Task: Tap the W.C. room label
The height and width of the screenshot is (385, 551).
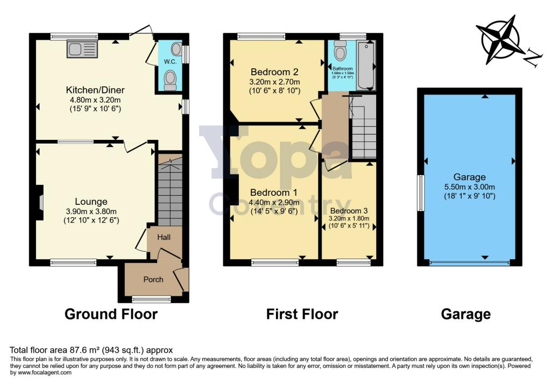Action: (170, 62)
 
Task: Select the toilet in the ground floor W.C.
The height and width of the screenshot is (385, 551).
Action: (170, 81)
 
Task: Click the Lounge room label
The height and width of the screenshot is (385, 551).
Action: (87, 202)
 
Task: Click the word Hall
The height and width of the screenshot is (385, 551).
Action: (164, 237)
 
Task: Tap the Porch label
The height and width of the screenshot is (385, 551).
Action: (153, 279)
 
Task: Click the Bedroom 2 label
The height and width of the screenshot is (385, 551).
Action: (274, 72)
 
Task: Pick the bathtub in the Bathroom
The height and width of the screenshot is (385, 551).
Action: (366, 66)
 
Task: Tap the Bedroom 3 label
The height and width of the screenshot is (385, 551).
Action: (349, 211)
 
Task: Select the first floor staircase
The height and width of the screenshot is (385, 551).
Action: (363, 129)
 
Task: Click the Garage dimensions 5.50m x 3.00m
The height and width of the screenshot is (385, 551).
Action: (469, 187)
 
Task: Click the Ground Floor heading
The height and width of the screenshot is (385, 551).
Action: (111, 314)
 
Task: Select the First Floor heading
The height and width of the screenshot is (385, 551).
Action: (302, 314)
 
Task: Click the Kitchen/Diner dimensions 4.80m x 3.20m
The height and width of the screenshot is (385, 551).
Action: (92, 99)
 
